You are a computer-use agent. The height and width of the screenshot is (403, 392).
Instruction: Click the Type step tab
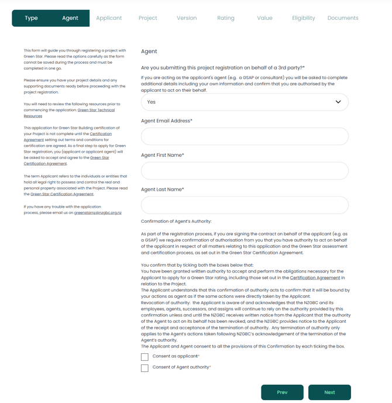[x=31, y=18]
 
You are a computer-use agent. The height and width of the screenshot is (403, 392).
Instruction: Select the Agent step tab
[x=70, y=18]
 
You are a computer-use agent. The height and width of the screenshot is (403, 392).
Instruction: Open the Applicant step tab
[x=109, y=18]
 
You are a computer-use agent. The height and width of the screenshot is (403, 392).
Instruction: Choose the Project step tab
[x=148, y=18]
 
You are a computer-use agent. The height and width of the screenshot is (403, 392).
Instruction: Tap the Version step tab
[x=187, y=18]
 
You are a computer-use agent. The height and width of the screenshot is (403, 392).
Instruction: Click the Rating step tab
[x=226, y=18]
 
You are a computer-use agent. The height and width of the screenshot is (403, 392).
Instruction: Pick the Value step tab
[x=264, y=18]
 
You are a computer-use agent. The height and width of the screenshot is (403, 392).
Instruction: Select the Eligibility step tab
[x=304, y=18]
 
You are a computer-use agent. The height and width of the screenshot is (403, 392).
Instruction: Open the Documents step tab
[x=343, y=18]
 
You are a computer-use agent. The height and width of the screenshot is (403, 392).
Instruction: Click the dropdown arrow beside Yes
[x=338, y=102]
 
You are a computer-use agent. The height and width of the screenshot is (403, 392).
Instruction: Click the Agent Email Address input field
[x=245, y=136]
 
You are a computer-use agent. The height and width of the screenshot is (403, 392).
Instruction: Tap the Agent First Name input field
[x=245, y=171]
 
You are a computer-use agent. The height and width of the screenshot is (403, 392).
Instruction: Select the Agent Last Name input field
[x=245, y=205]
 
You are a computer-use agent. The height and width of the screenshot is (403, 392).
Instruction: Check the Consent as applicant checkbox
[x=145, y=357]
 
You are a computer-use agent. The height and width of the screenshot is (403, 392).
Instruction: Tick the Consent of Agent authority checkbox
[x=145, y=368]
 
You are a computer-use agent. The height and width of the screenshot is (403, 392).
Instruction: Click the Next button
[x=329, y=392]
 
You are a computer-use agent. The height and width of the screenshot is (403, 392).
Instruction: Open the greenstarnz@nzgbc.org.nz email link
[x=98, y=213]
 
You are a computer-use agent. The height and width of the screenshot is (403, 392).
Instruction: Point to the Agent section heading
[x=149, y=51]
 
